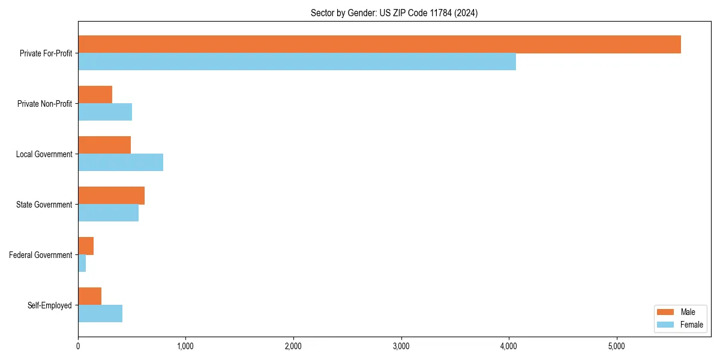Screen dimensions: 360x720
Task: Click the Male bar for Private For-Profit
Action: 379,44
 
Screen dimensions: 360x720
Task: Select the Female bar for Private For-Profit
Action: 297,62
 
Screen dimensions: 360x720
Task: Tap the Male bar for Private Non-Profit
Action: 95,95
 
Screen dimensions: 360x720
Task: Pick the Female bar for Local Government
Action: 121,162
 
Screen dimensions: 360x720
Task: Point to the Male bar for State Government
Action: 111,196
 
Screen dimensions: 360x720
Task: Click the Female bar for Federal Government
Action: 82,263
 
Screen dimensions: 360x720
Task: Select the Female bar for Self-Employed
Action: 100,313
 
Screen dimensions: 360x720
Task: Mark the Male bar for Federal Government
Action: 86,246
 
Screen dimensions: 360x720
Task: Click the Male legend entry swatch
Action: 666,312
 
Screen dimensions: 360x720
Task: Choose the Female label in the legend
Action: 691,325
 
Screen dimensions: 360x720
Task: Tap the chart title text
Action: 394,13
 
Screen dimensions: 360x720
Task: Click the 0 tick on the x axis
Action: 78,346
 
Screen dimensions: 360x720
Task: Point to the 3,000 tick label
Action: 401,346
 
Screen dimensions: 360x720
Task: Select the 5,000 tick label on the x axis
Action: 616,346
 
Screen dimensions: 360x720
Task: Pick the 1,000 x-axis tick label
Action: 185,346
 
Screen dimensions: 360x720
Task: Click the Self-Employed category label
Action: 50,305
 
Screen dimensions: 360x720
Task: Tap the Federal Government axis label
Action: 41,255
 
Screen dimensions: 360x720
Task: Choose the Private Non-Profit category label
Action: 44,104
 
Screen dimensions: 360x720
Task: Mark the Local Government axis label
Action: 44,154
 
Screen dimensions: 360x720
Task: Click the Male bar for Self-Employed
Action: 90,296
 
